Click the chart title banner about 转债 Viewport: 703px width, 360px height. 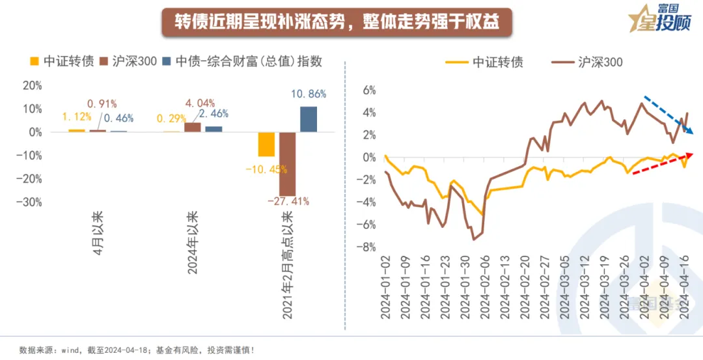[337, 21]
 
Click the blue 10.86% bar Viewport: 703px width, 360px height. [309, 119]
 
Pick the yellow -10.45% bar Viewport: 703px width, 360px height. [266, 144]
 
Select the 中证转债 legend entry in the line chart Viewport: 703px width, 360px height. [488, 62]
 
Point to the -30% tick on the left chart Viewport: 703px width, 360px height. [31, 202]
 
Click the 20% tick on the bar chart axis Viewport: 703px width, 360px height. [31, 85]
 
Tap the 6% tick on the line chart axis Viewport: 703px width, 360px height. [368, 90]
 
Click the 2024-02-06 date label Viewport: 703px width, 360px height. [486, 286]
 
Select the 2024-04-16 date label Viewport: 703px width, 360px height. [685, 286]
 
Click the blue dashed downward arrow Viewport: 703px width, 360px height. [668, 115]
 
